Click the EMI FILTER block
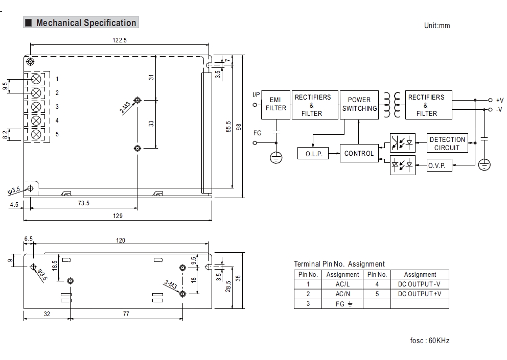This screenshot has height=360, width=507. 276,105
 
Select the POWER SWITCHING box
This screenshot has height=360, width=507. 359,105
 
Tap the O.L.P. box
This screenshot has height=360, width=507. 314,154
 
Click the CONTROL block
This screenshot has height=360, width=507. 359,153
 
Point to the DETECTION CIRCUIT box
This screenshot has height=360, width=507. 447,143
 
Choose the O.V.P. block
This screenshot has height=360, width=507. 436,165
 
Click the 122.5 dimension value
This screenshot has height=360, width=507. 120,40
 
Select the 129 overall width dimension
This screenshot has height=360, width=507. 118,216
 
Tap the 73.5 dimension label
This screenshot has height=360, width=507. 84,203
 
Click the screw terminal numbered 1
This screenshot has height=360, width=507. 36,79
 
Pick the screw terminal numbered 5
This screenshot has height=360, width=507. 36,134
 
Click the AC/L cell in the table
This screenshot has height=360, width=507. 342,284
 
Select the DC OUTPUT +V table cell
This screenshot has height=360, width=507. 420,294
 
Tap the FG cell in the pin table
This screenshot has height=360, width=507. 342,303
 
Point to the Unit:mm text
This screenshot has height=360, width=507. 437,26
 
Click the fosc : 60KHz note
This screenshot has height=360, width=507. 429,341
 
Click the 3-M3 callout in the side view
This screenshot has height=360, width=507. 170,285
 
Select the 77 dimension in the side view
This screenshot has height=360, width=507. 126,314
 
